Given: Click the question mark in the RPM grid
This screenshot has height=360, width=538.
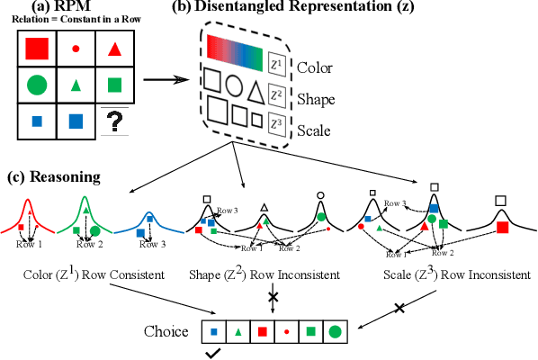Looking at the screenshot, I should [x=115, y=121].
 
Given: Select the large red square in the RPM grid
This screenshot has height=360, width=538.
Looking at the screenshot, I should [x=37, y=49].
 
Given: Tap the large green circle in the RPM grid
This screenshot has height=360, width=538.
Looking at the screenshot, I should [x=37, y=86].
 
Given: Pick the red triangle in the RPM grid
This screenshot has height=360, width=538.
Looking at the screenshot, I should [x=115, y=49].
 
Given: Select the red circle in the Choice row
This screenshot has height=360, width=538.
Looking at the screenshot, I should [x=286, y=332].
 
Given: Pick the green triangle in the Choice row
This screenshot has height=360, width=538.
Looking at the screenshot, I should [x=238, y=331].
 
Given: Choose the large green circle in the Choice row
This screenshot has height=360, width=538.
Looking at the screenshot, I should [x=335, y=331].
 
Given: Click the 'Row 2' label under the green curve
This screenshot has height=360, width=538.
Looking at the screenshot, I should [x=89, y=244].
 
